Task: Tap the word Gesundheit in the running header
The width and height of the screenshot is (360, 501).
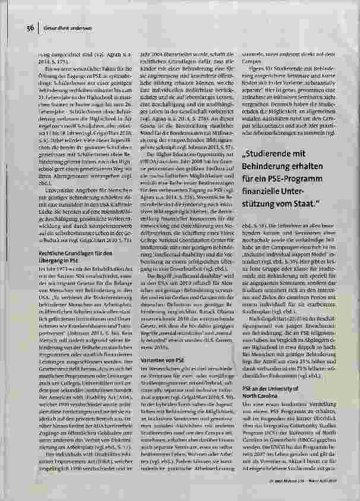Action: point(56,27)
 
